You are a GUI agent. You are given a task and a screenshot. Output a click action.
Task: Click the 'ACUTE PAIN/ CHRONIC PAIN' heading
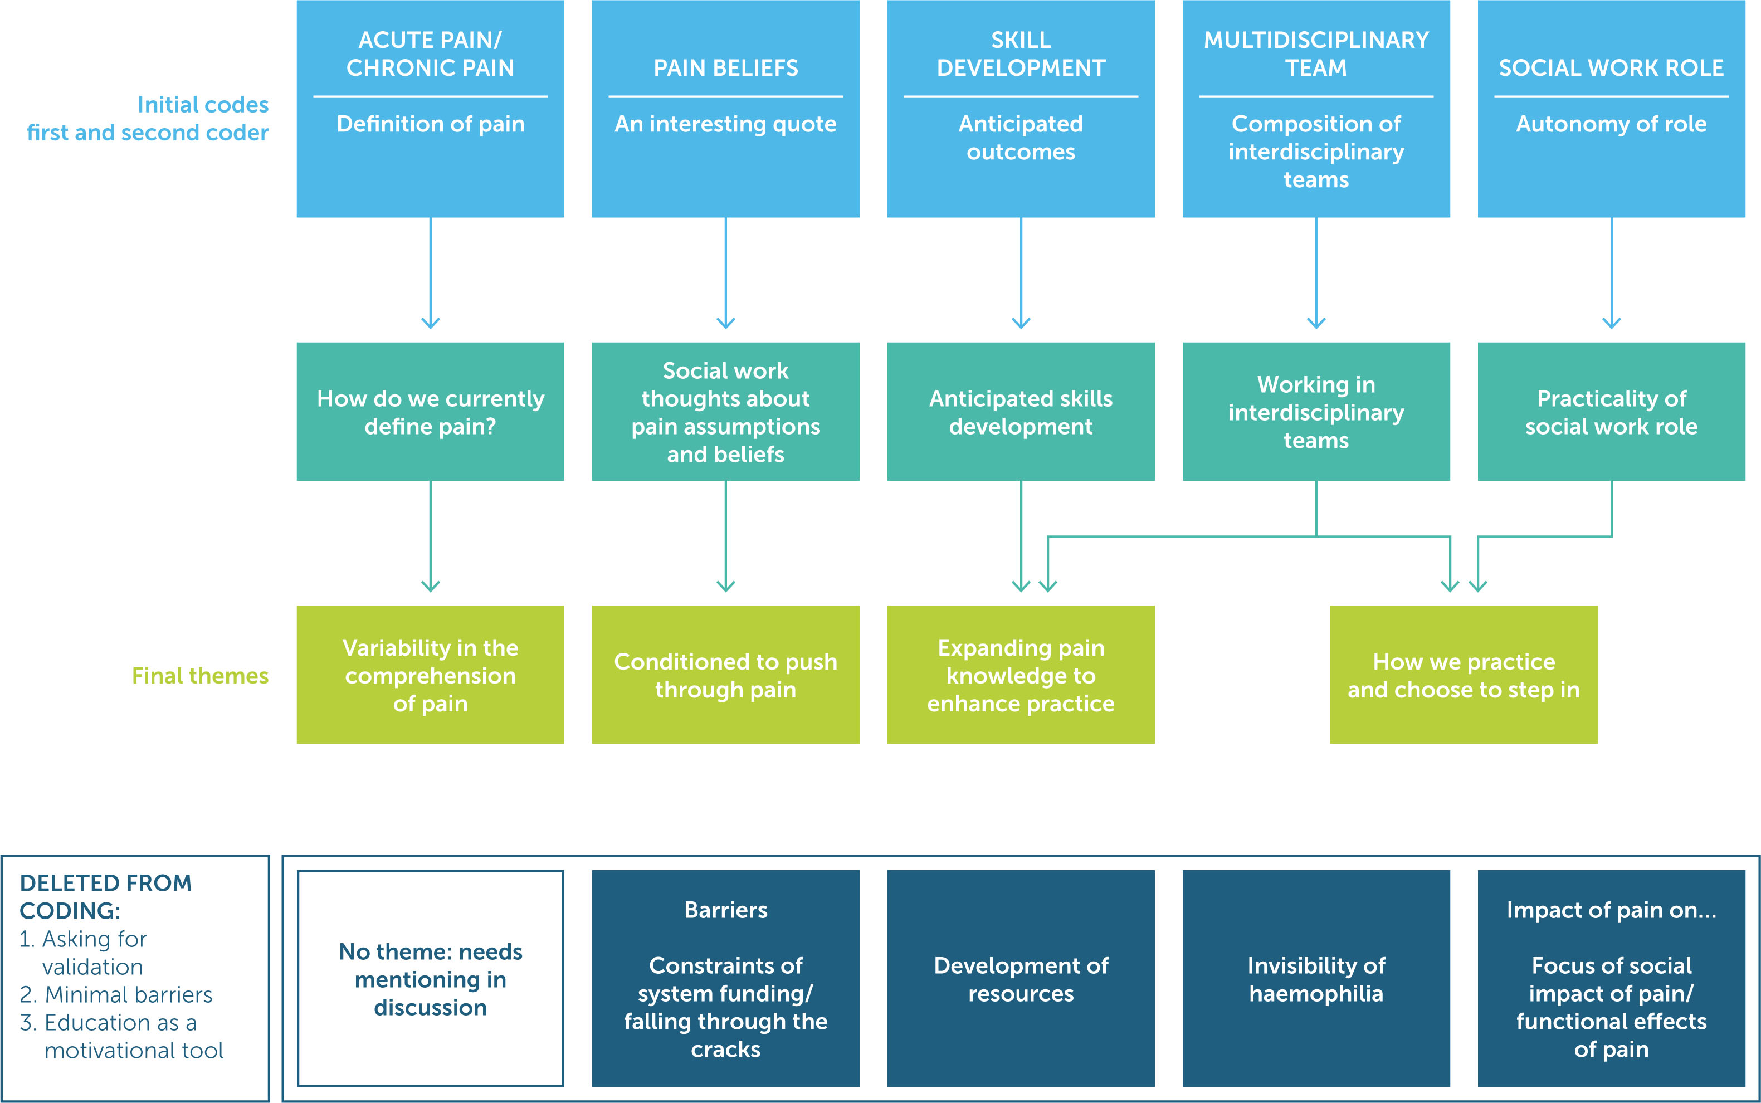coord(431,53)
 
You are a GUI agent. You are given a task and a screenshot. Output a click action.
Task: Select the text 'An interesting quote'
coord(725,124)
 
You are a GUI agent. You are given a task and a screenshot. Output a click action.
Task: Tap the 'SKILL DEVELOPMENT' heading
coord(1021,53)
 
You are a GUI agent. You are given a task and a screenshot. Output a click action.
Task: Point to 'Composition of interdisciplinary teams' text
coord(1316,152)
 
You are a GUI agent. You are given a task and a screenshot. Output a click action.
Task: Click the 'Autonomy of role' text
coord(1611,124)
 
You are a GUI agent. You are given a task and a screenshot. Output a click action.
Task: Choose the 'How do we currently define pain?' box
coord(431,412)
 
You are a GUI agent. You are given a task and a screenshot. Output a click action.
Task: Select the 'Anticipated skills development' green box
coord(1021,412)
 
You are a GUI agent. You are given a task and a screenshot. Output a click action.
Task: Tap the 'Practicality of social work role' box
coord(1611,412)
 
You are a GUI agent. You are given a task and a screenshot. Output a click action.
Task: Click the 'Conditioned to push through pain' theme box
coord(725,675)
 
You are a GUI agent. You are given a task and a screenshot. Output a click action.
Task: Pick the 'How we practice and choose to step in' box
coord(1464,675)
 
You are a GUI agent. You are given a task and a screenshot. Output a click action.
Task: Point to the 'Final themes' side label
coord(200,676)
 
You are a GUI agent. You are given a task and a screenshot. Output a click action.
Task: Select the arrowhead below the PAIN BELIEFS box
coord(725,323)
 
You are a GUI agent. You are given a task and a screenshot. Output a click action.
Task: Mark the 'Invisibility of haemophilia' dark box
coord(1316,978)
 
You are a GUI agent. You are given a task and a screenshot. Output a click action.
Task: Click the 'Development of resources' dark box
coord(1021,978)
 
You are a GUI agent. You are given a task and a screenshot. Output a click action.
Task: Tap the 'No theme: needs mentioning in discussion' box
coord(431,978)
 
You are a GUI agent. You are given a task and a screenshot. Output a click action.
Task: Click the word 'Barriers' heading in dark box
coord(725,910)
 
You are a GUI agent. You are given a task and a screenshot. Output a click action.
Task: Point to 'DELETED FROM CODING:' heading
coord(105,896)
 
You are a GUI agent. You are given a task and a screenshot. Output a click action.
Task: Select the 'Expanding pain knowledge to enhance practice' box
coord(1021,675)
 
